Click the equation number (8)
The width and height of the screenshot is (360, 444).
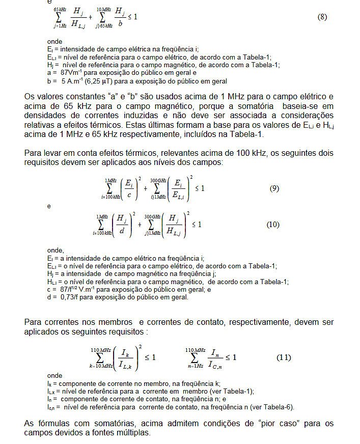pos(322,17)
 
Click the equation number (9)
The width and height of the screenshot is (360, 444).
pos(274,188)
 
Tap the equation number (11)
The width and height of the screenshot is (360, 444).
pos(284,357)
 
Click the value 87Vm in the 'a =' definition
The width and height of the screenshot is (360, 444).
pos(69,73)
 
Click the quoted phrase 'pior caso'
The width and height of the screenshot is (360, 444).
pos(262,424)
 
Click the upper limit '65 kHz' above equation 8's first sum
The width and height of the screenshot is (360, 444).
pos(59,9)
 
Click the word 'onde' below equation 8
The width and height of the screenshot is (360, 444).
pos(54,41)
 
